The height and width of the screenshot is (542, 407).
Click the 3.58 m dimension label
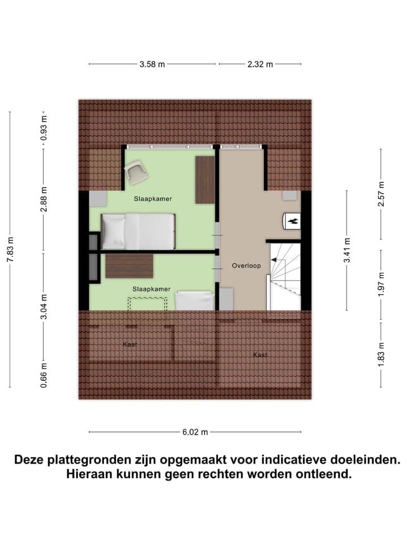coord(152,64)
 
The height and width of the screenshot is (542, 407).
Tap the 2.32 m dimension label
coord(260,64)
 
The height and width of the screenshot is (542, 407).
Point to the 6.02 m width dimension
coord(195,432)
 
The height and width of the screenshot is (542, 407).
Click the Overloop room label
coord(246,265)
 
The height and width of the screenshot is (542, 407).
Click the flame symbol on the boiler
coord(293,221)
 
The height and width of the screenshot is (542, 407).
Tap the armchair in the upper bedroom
coord(136,172)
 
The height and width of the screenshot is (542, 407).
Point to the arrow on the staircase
coord(277,260)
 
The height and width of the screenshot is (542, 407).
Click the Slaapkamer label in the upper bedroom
coord(153,199)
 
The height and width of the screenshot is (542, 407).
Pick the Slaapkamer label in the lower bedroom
coord(151,289)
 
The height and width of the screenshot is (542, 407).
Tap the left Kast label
coord(130,344)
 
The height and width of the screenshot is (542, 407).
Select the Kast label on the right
coord(260,355)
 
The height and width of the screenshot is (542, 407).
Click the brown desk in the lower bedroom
coord(129,266)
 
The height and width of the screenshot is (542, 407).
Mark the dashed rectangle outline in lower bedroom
coord(148,304)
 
